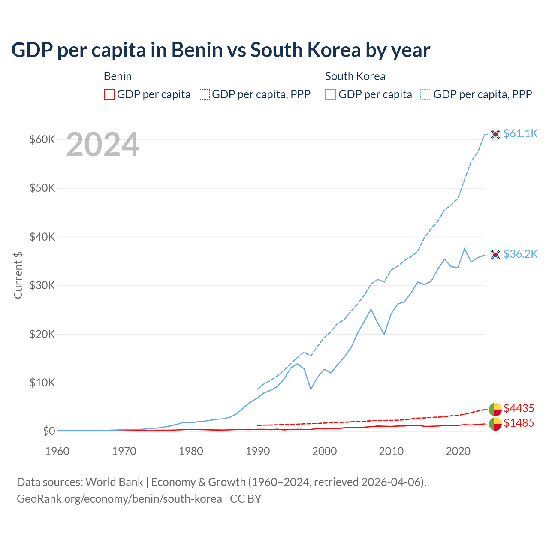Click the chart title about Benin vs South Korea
(220, 50)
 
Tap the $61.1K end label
(520, 133)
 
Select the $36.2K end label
(520, 254)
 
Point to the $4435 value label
(519, 408)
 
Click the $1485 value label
(519, 423)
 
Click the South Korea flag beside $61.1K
(495, 134)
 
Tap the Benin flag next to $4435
(495, 409)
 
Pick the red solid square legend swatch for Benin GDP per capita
(109, 94)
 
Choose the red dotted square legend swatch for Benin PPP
(204, 94)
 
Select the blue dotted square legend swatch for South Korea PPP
(426, 94)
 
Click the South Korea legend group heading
(355, 76)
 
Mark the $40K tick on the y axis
(42, 237)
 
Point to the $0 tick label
(48, 431)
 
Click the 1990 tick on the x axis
(258, 451)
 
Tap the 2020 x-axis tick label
(458, 451)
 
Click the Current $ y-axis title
(18, 275)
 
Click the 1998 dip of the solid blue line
(311, 389)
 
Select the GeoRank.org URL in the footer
(119, 499)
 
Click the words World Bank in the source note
(114, 482)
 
